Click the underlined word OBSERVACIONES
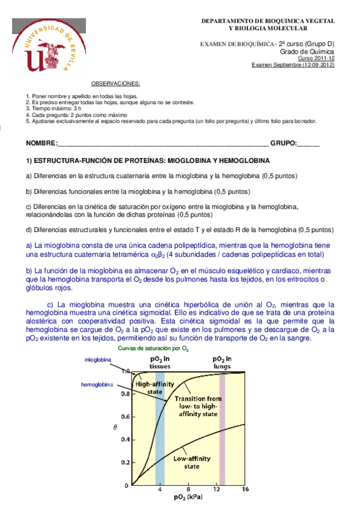(x=115, y=83)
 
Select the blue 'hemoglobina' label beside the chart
(x=97, y=384)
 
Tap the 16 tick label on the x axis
(x=245, y=490)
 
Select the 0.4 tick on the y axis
(x=124, y=440)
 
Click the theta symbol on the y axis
(x=115, y=428)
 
